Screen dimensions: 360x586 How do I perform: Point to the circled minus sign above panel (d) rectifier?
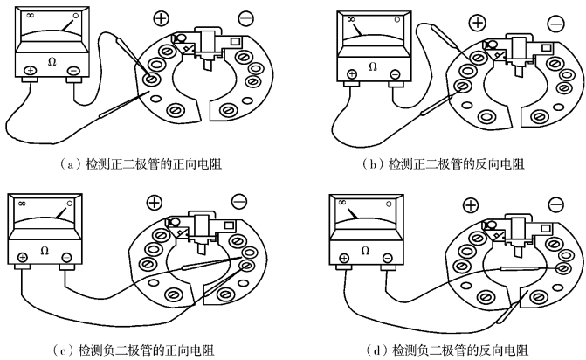(x=555, y=205)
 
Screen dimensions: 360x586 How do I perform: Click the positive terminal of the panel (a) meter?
(x=29, y=71)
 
